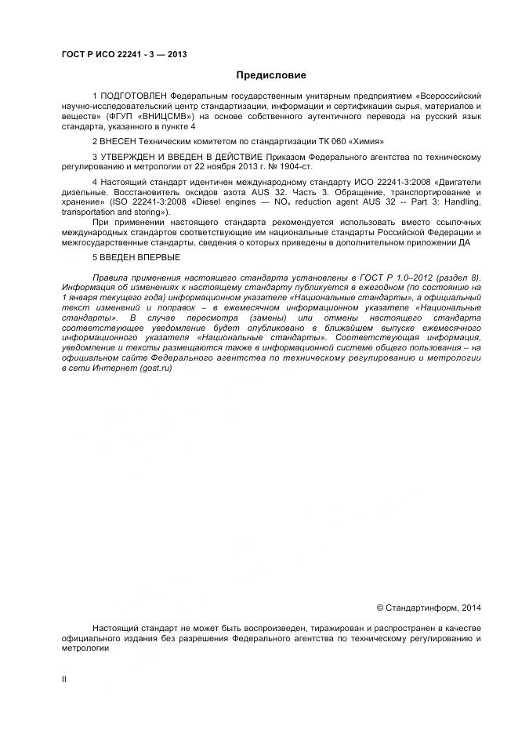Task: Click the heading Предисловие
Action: pyautogui.click(x=270, y=76)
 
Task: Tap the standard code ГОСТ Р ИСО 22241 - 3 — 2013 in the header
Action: pyautogui.click(x=124, y=54)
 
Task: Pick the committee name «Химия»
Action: pyautogui.click(x=366, y=142)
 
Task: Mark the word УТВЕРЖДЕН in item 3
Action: pyautogui.click(x=128, y=157)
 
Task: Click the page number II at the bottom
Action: pyautogui.click(x=64, y=679)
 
